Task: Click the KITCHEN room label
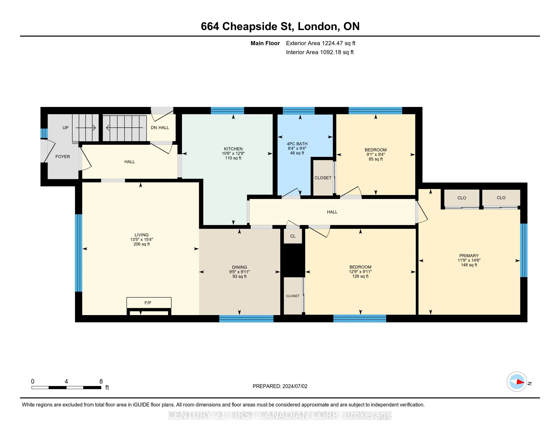[233, 149]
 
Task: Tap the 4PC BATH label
[297, 144]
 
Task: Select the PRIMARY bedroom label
[469, 256]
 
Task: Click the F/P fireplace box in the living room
[149, 303]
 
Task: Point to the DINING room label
[240, 267]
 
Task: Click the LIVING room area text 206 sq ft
[142, 244]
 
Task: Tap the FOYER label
[63, 157]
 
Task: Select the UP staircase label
[65, 128]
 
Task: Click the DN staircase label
[153, 128]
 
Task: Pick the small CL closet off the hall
[293, 236]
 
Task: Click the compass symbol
[517, 382]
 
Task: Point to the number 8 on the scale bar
[101, 382]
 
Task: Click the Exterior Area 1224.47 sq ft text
[321, 43]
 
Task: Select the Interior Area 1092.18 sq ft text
[320, 52]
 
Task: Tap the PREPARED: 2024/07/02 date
[280, 386]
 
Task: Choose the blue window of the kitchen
[227, 111]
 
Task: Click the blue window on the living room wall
[78, 253]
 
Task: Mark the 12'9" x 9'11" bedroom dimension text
[360, 272]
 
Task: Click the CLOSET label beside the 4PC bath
[323, 178]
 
